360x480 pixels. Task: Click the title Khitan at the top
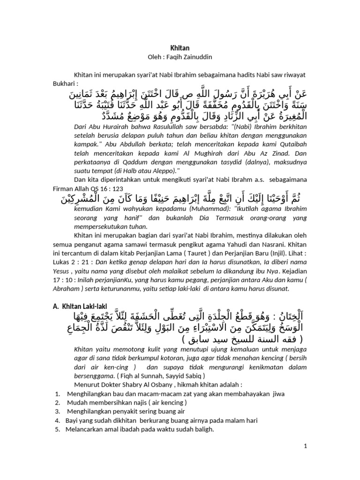[x=180, y=48]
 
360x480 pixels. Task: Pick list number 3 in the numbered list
[x=57, y=411]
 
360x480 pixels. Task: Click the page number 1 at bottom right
[x=305, y=447]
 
